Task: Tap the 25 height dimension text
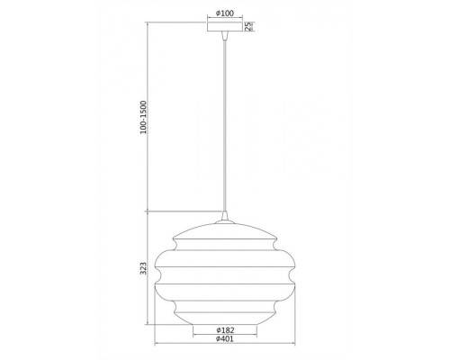tap(248, 26)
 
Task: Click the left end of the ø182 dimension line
tap(191, 337)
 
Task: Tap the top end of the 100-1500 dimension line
tap(148, 22)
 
